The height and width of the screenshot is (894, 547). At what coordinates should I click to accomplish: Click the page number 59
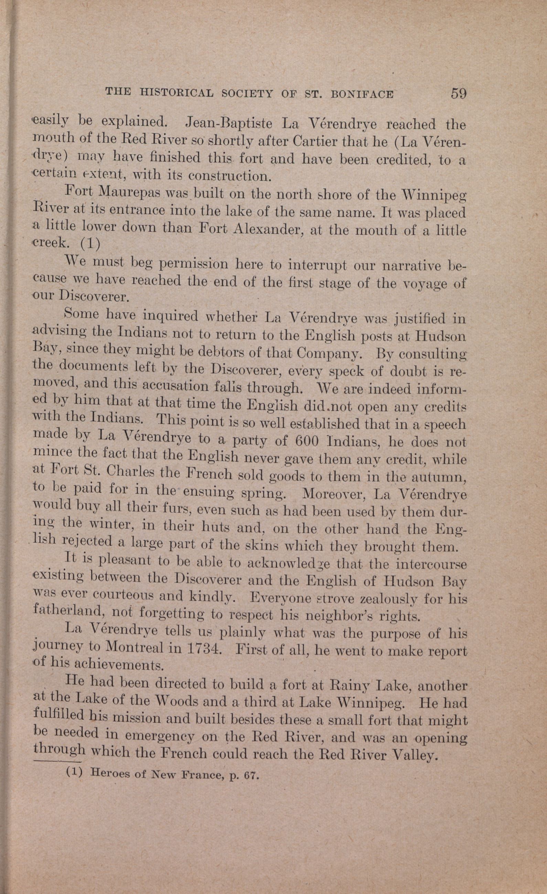(x=458, y=94)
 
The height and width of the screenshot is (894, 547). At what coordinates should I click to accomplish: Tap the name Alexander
(x=267, y=229)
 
